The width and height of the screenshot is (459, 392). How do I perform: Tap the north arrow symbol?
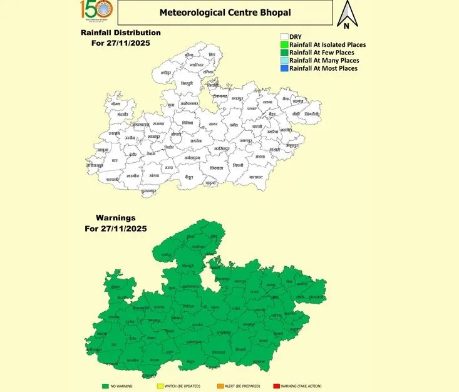346,15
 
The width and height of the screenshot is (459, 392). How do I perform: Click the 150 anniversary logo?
96,13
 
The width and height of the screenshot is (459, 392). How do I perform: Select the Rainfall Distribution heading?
120,33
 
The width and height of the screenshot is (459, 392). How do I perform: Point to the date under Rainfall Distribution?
120,43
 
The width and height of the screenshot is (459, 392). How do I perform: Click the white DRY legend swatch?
284,37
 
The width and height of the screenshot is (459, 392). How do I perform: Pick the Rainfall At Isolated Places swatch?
284,44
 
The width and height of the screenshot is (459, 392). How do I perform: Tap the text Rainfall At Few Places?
323,53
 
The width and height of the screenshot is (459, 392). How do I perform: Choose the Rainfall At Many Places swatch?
284,60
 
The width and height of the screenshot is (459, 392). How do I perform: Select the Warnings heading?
116,218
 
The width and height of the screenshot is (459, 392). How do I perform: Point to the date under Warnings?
116,229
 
